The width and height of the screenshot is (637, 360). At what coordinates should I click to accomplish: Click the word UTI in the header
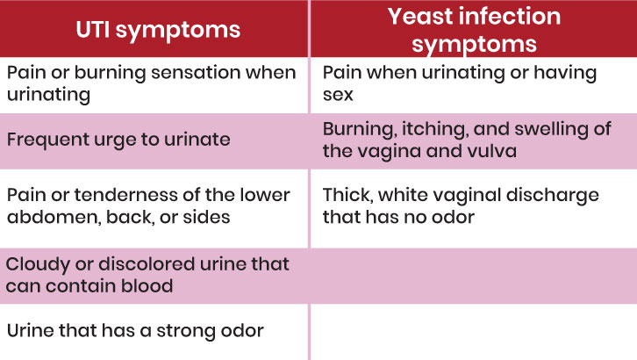pos(93,30)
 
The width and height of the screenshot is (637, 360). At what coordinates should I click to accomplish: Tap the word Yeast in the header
pos(420,17)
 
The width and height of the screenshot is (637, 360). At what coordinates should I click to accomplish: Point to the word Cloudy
pos(38,265)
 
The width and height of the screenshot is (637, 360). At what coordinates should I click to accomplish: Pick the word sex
pos(338,95)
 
